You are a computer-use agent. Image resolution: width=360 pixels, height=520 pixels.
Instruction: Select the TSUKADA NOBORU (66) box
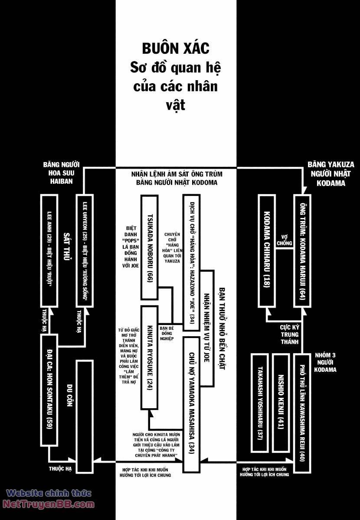[x=149, y=247]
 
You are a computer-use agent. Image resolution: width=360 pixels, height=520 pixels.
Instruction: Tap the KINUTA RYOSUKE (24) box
[x=149, y=357]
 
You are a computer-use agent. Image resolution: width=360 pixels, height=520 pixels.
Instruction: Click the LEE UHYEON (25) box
[x=85, y=250]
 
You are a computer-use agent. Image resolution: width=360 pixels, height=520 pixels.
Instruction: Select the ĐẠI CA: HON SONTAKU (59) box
[x=49, y=390]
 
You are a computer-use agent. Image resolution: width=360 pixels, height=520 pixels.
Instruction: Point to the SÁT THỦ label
[x=67, y=249]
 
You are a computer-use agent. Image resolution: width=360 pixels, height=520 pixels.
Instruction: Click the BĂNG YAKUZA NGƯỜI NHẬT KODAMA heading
[x=331, y=174]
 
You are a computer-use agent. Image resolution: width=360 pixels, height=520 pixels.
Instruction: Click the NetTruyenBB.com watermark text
[x=49, y=504]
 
